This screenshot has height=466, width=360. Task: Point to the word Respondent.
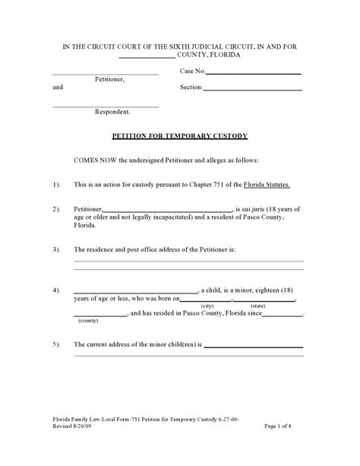click(x=112, y=112)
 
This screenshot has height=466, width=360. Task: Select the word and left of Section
click(x=58, y=87)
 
